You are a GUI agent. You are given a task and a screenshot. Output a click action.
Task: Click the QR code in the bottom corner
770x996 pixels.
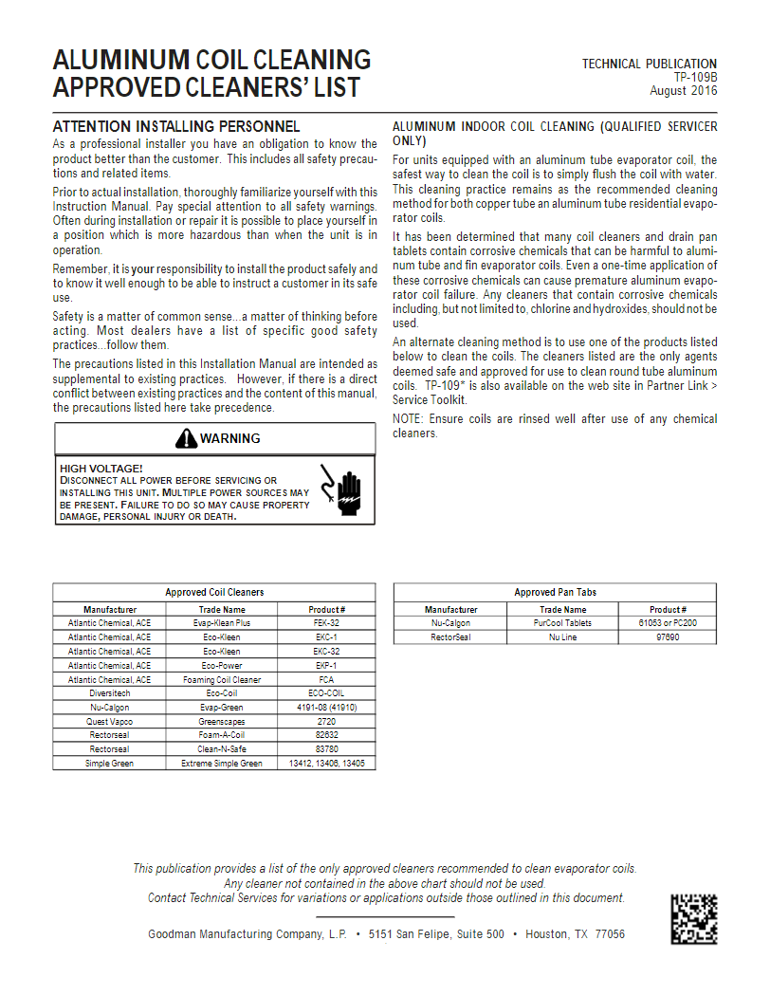click(x=694, y=918)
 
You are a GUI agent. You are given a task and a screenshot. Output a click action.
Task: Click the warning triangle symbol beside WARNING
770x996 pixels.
click(x=186, y=438)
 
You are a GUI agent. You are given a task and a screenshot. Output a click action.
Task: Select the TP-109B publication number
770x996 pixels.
click(x=695, y=78)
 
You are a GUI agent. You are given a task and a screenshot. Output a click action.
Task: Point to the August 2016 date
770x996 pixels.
click(x=683, y=91)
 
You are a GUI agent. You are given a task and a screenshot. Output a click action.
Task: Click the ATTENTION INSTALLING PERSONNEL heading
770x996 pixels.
click(x=176, y=126)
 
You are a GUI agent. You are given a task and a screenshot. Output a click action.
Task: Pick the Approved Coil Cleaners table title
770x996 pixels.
click(x=214, y=592)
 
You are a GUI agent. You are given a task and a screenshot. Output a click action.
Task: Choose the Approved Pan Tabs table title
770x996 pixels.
click(x=555, y=592)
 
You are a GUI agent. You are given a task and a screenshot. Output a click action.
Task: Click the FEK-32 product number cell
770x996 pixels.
click(x=327, y=623)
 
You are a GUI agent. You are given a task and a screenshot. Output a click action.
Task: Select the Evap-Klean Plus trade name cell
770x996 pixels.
click(x=222, y=623)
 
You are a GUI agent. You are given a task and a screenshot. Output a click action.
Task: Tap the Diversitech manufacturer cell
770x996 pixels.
click(x=109, y=693)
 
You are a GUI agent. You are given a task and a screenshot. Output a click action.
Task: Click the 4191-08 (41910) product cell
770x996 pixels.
click(x=327, y=708)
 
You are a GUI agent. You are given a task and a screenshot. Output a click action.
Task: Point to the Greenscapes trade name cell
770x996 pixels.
click(x=222, y=722)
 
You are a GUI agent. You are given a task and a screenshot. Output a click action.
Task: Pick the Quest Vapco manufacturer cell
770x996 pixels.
click(x=109, y=722)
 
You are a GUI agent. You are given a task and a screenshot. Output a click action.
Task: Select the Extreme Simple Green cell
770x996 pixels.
click(x=222, y=764)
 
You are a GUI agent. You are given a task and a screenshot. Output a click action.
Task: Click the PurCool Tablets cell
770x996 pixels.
click(x=563, y=623)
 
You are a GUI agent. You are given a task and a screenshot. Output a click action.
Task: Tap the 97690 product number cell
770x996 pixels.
click(x=668, y=637)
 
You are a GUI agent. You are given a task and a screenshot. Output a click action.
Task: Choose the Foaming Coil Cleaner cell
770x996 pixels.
click(x=222, y=679)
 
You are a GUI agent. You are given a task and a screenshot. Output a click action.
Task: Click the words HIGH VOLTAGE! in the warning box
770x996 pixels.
click(x=101, y=469)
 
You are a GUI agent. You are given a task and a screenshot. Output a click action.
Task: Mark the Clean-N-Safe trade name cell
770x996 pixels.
click(x=222, y=749)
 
